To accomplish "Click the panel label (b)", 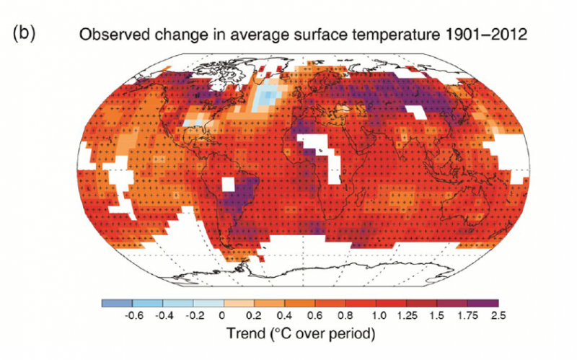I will (25, 34).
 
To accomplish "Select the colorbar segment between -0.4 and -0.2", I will (178, 304).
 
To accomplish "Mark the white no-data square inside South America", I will (229, 183).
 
